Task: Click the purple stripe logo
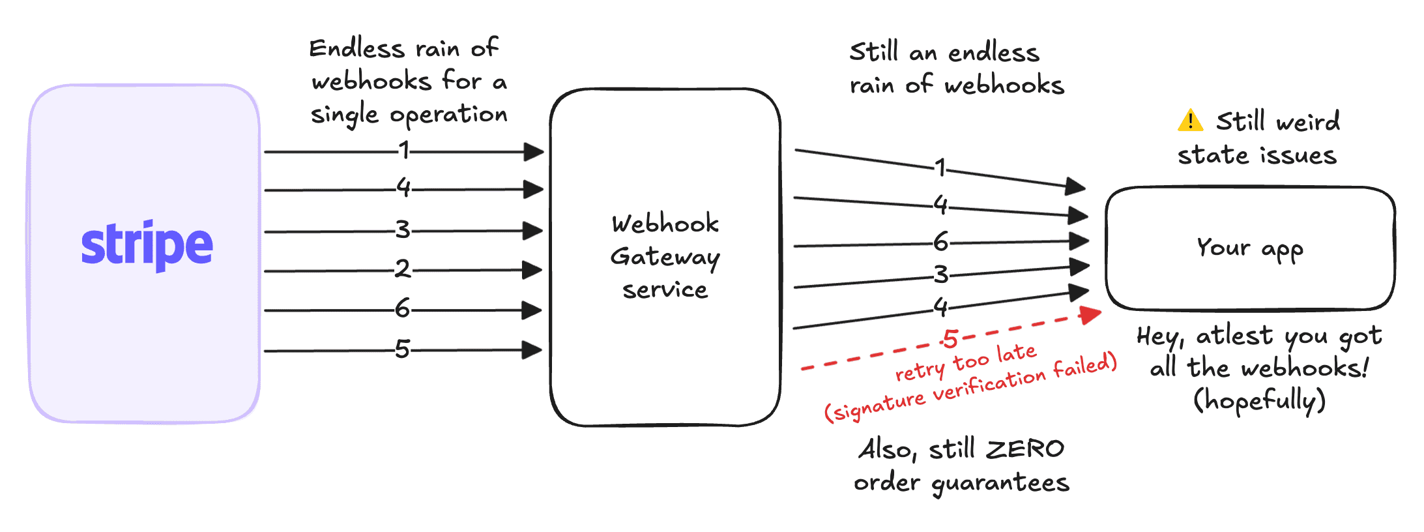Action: pos(147,245)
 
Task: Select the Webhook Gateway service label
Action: pos(665,256)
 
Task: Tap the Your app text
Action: pos(1249,248)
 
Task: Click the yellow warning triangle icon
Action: pos(1190,121)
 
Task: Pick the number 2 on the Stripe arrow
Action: pos(403,269)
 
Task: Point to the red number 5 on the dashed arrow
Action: pos(951,339)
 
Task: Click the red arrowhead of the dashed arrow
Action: pos(1090,315)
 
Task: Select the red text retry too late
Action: pos(965,363)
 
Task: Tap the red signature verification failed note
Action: pos(970,387)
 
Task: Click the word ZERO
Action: pos(1024,449)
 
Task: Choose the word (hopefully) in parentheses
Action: pos(1259,400)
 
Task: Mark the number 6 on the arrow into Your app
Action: pos(940,243)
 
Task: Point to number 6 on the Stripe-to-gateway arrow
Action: pos(403,308)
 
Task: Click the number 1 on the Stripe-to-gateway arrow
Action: pos(405,151)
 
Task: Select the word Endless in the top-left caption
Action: pos(357,49)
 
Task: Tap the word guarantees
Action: pos(1000,483)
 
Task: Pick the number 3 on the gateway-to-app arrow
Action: pos(940,274)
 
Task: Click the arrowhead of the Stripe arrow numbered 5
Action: pos(532,350)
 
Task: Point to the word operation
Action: pos(448,115)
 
